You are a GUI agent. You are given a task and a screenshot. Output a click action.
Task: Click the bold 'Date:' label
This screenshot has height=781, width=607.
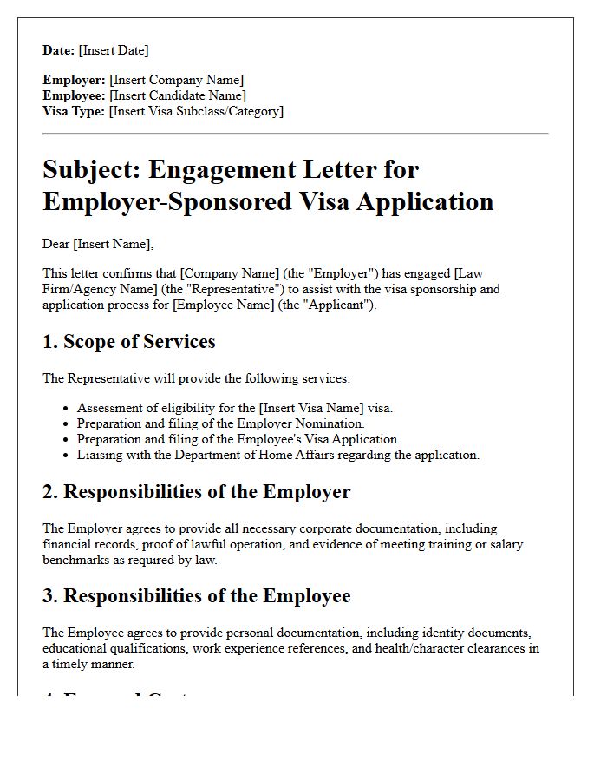tap(59, 50)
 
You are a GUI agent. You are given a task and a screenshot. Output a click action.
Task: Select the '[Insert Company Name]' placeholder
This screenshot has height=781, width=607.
tap(176, 80)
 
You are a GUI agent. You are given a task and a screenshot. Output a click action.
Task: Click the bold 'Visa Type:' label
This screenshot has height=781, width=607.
tap(74, 111)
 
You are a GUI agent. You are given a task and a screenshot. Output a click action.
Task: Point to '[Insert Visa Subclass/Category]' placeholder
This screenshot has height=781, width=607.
tap(196, 111)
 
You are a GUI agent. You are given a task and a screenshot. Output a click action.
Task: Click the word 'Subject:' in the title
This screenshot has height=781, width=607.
tap(97, 169)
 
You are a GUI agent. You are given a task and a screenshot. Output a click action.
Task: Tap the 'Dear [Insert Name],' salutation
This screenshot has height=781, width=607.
tap(97, 244)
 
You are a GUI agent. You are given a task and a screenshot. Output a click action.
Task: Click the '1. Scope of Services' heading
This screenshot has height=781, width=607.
tap(128, 342)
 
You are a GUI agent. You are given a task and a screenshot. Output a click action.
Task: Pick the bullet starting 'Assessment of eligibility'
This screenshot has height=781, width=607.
tap(234, 408)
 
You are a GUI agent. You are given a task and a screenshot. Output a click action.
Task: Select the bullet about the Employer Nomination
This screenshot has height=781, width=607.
tap(220, 423)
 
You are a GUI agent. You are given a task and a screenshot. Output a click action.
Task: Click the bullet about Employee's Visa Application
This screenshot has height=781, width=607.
tap(238, 439)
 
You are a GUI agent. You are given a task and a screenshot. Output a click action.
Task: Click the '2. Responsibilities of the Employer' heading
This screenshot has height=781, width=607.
tap(196, 492)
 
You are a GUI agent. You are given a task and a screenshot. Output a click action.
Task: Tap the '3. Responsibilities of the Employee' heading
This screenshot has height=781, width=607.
tap(196, 596)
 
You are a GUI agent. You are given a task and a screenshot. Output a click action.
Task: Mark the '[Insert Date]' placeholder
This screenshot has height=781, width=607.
tap(114, 50)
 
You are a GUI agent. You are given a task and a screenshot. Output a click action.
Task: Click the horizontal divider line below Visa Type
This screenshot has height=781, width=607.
tap(295, 134)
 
